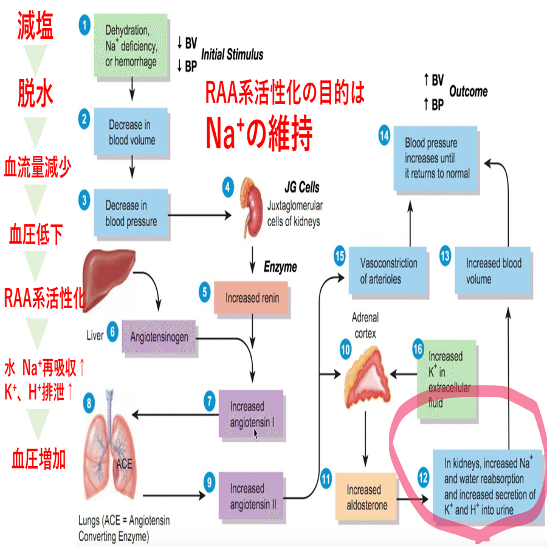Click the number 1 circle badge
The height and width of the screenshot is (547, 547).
point(84,25)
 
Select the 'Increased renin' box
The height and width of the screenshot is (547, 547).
point(251,298)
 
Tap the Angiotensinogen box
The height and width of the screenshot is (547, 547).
point(159,337)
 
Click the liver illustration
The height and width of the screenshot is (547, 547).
point(109,279)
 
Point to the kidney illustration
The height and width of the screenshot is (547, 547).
point(252,208)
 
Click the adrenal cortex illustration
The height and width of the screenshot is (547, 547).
point(367,377)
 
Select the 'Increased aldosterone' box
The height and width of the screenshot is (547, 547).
point(366,497)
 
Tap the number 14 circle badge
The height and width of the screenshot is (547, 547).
point(384,135)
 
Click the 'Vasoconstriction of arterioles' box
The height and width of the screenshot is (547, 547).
point(388,270)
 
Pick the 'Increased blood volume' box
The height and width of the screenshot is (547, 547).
point(492,270)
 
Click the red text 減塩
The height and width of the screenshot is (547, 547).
point(35,25)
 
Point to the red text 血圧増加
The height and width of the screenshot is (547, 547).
point(38,459)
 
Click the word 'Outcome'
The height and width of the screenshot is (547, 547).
point(468,91)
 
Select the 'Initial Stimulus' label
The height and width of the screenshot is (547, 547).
point(232,54)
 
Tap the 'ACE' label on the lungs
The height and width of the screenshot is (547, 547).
point(124,464)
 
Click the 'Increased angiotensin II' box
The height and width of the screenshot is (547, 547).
point(251,496)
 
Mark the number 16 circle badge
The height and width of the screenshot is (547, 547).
point(418,349)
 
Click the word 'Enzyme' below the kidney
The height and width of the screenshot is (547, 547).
point(280,267)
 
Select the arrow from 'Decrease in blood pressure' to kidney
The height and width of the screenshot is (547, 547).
point(199,215)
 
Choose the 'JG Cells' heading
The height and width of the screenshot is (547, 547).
point(301,188)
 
